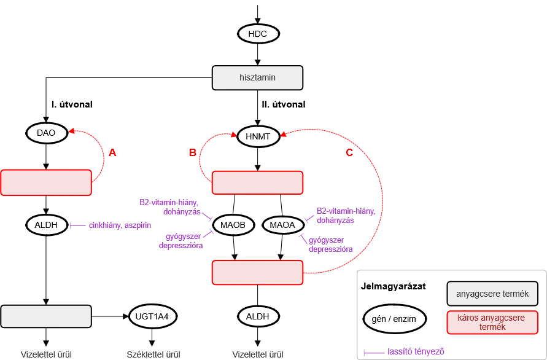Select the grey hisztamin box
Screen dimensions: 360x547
pos(257,78)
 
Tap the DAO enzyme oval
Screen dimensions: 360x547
pos(47,133)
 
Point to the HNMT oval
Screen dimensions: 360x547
pos(258,136)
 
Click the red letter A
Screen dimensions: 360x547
pos(112,153)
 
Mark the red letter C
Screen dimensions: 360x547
pos(348,153)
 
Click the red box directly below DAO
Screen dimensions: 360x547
pos(46,182)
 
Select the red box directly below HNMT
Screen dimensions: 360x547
pos(258,183)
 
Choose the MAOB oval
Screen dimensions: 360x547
pos(233,225)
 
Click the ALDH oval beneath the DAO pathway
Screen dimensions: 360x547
pos(47,225)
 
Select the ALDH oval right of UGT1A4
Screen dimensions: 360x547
pos(258,316)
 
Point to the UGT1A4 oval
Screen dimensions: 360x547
pos(153,316)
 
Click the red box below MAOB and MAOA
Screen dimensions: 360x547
pos(258,272)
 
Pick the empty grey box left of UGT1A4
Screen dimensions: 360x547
pos(46,316)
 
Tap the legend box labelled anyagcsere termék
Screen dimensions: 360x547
pos(488,294)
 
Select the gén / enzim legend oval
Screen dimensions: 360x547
pos(394,319)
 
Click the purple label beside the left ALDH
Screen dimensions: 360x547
pos(119,226)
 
